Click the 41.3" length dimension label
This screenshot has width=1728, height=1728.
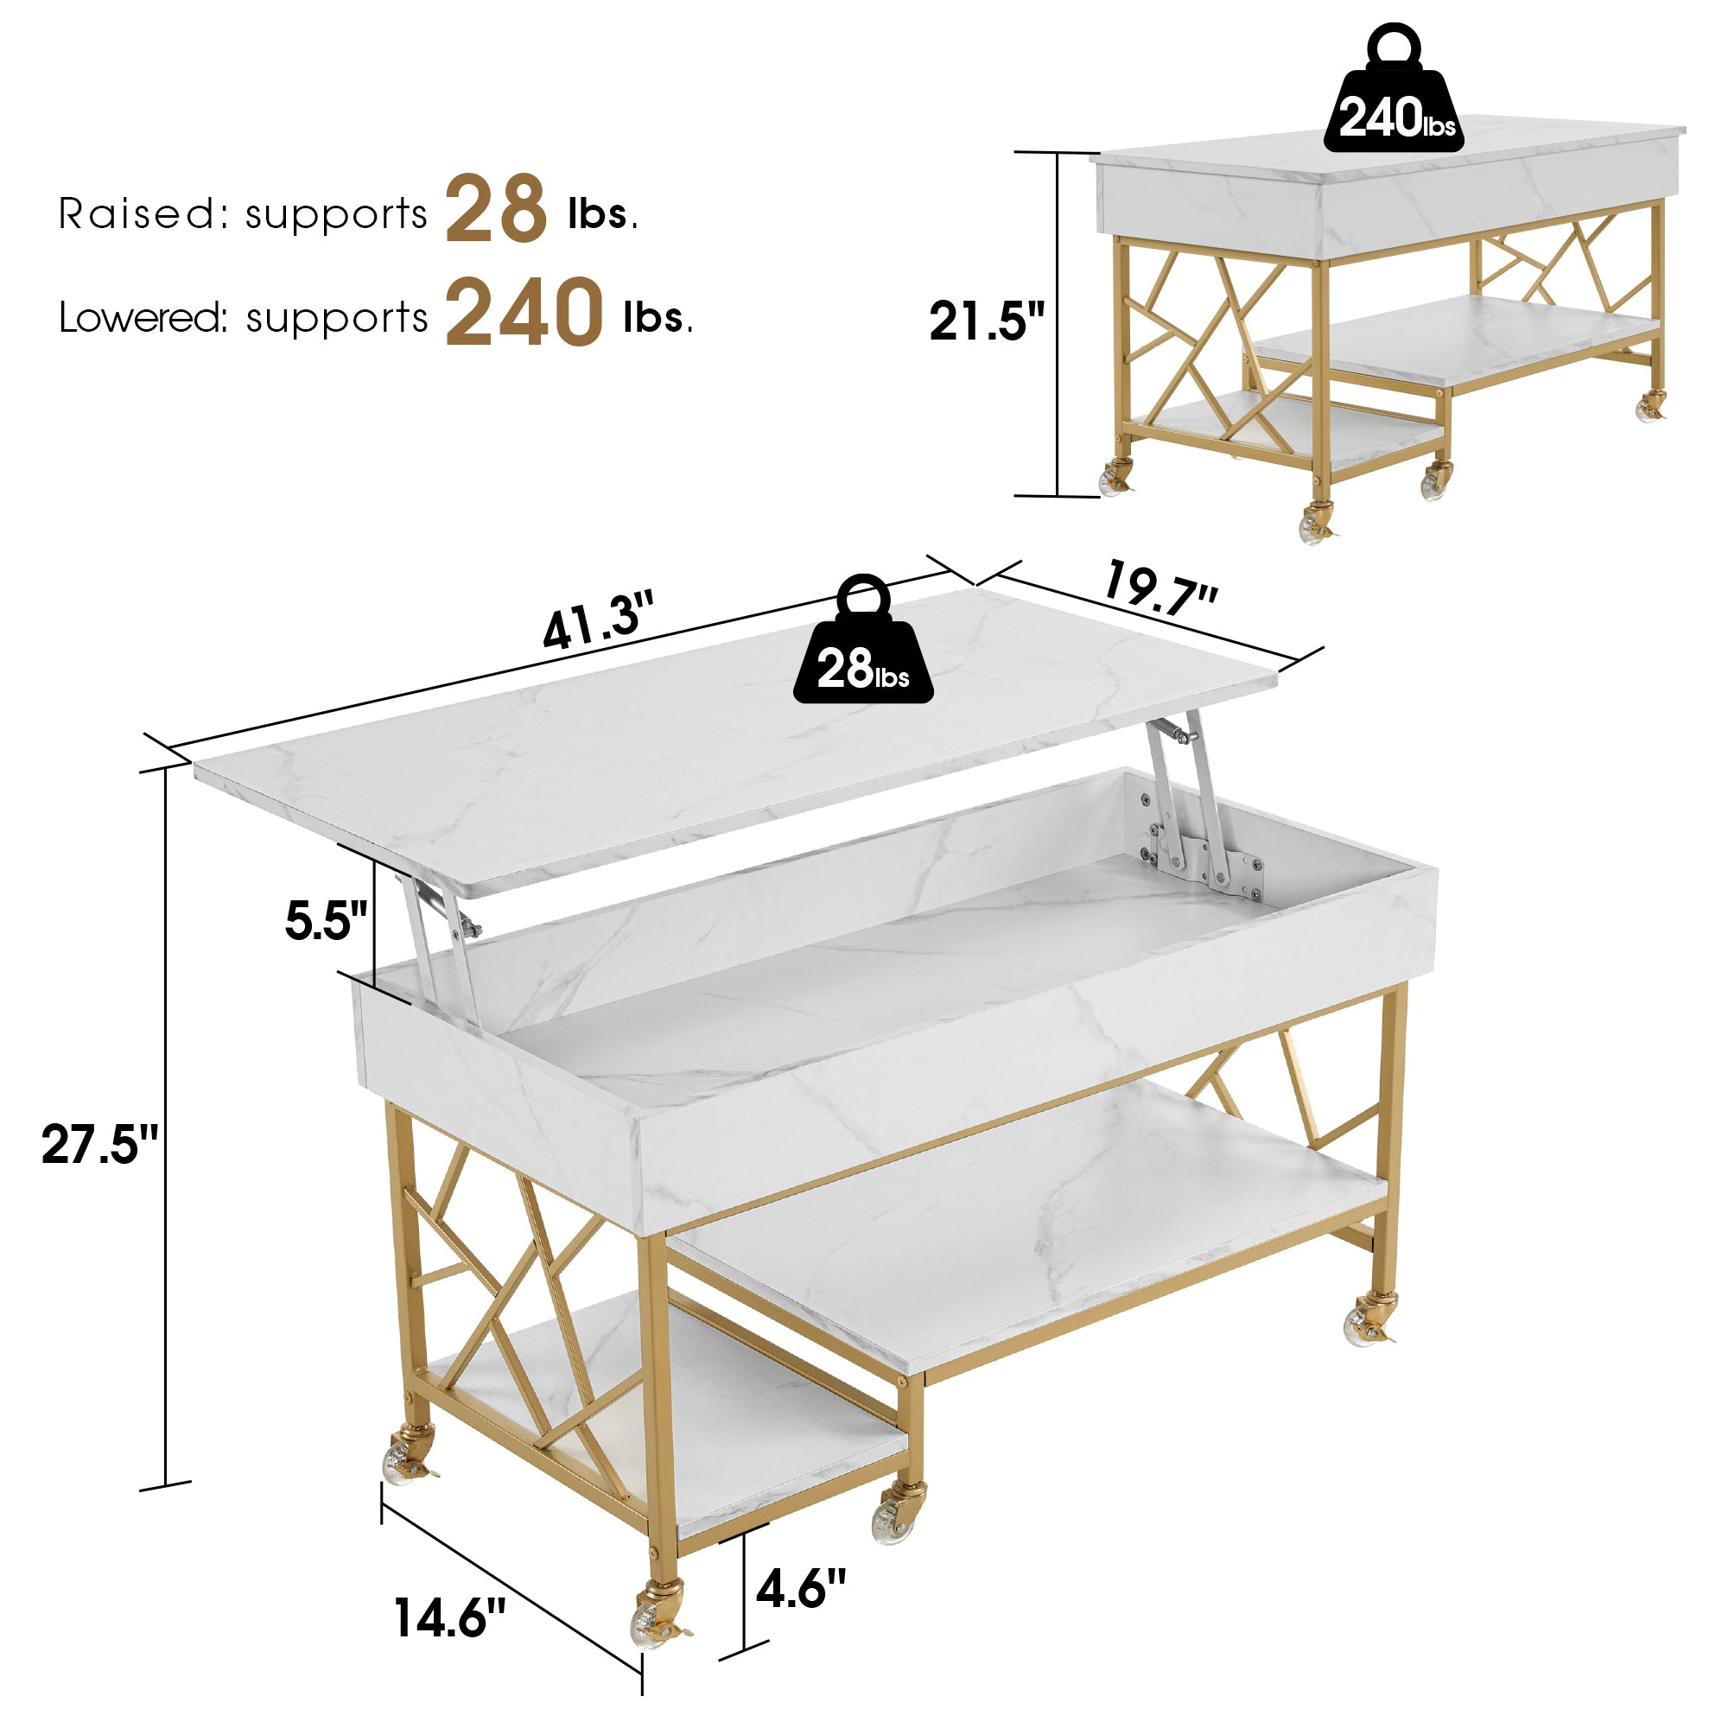[x=599, y=619]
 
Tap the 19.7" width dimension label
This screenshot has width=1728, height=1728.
[x=1160, y=588]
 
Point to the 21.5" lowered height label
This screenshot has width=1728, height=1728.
[x=987, y=321]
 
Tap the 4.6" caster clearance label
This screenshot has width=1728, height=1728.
[x=801, y=1589]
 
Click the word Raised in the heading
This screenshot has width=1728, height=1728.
[x=137, y=213]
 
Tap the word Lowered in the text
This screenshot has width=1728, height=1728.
[x=143, y=317]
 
